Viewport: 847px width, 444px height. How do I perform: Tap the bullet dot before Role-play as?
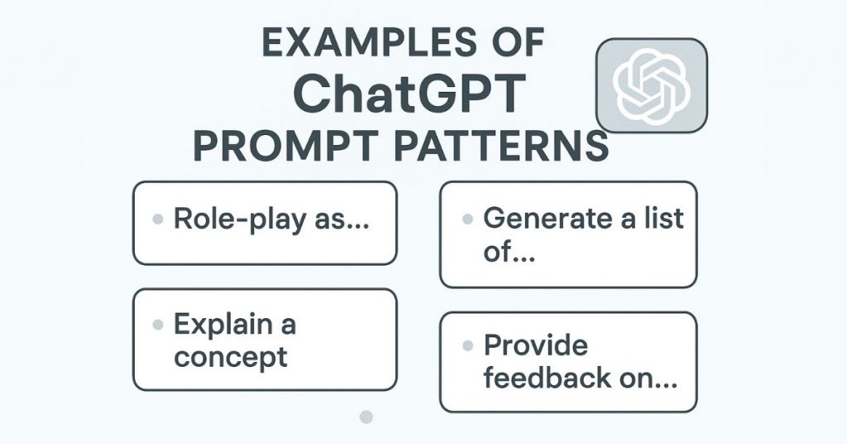click(x=157, y=221)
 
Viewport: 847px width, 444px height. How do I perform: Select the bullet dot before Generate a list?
click(x=467, y=220)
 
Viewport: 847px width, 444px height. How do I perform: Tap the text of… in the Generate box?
click(x=510, y=251)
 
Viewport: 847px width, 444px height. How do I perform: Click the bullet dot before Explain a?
click(x=157, y=326)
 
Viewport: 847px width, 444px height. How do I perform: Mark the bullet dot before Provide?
click(x=467, y=345)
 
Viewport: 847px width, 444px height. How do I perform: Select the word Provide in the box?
click(x=535, y=345)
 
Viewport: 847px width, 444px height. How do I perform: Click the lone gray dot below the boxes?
click(x=367, y=417)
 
